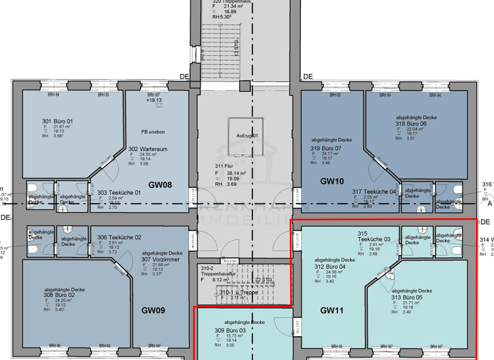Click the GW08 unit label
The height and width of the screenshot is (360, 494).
(x=160, y=185)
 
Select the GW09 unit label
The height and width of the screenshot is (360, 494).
(x=154, y=310)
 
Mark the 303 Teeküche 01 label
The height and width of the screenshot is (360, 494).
(x=119, y=192)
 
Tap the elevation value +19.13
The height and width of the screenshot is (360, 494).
(x=154, y=100)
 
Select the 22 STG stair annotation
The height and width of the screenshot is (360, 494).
(x=263, y=279)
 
